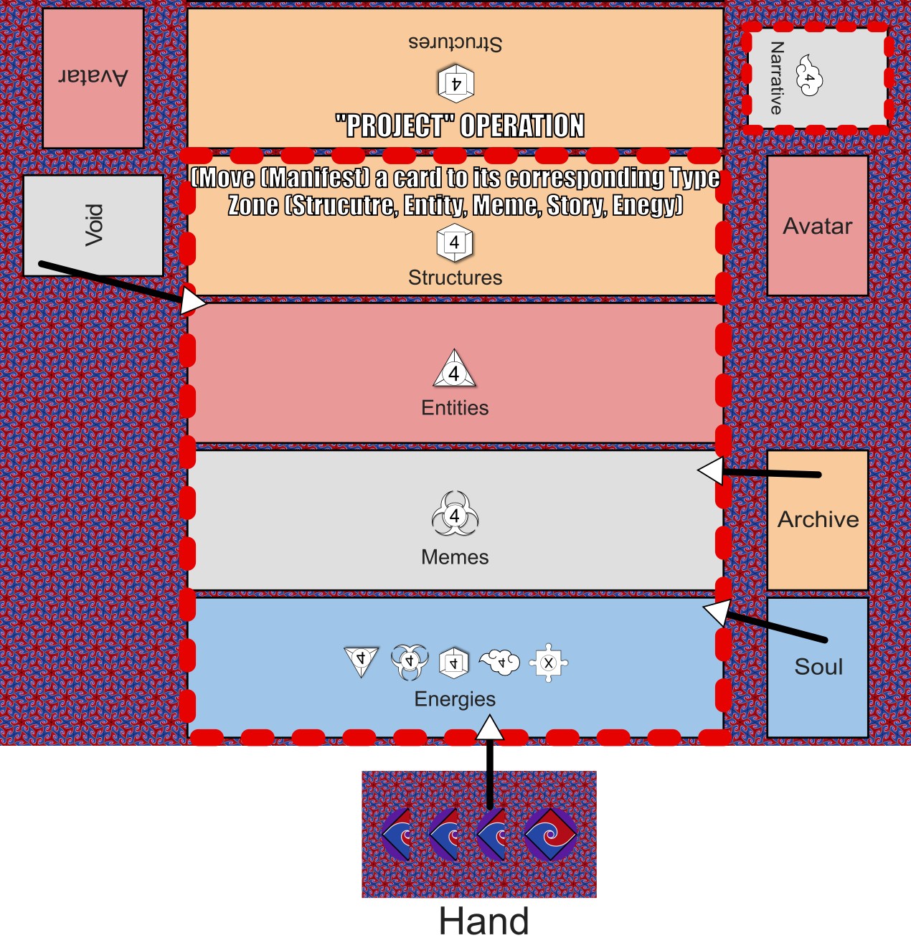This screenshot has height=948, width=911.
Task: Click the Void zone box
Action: (93, 225)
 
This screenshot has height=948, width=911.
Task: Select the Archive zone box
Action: (818, 520)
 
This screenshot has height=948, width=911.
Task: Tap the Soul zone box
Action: (818, 667)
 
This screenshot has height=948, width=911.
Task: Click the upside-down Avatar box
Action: (93, 78)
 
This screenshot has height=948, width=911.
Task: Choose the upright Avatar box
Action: (818, 226)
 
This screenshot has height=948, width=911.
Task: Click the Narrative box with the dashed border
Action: (816, 78)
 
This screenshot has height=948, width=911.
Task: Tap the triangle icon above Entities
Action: (454, 370)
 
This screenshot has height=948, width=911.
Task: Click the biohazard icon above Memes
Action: (455, 514)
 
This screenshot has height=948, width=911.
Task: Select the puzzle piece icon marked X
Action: (549, 663)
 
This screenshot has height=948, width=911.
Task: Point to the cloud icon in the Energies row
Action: (500, 662)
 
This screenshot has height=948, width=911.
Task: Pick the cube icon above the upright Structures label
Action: (455, 242)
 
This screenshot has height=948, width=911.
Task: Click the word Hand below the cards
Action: (484, 921)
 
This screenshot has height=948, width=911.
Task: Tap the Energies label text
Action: (455, 699)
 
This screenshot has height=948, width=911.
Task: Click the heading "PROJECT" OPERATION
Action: (460, 126)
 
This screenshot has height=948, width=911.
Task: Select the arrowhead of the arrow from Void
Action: (192, 302)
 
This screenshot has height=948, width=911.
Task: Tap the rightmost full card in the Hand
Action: (550, 834)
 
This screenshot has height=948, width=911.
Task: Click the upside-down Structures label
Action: (455, 42)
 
